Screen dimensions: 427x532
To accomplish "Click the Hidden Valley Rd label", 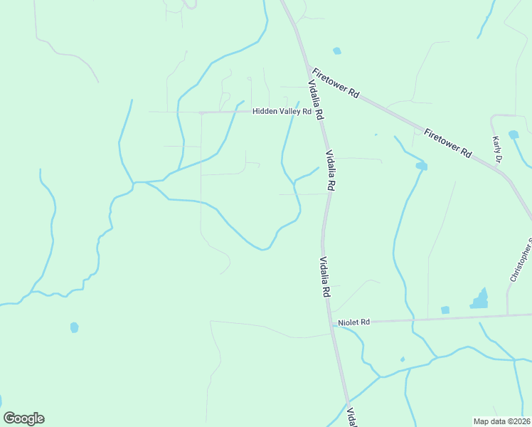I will [282, 112].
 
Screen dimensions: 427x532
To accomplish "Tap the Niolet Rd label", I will [354, 322].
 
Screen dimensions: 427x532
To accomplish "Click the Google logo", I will [23, 418].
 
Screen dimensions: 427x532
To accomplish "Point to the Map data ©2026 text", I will [502, 421].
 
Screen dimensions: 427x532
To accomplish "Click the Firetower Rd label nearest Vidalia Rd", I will [336, 84].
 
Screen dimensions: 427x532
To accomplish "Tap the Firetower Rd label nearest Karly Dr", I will [448, 142].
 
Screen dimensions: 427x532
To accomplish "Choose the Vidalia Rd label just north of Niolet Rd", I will [324, 277].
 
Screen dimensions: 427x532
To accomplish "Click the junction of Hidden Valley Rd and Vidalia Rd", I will [317, 112].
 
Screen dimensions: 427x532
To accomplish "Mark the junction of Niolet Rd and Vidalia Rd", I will [332, 325].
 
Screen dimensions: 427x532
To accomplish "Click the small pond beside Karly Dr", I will [514, 134].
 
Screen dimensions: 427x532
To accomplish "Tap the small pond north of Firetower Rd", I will [336, 51].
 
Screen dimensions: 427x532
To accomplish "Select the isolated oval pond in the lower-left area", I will [74, 327].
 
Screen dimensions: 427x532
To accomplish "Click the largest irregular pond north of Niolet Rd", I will [480, 300].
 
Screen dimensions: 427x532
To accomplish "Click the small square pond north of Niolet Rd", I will [445, 310].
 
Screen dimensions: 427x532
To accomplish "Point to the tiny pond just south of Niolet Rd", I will [403, 359].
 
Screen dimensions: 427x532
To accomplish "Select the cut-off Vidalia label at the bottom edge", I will [351, 417].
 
